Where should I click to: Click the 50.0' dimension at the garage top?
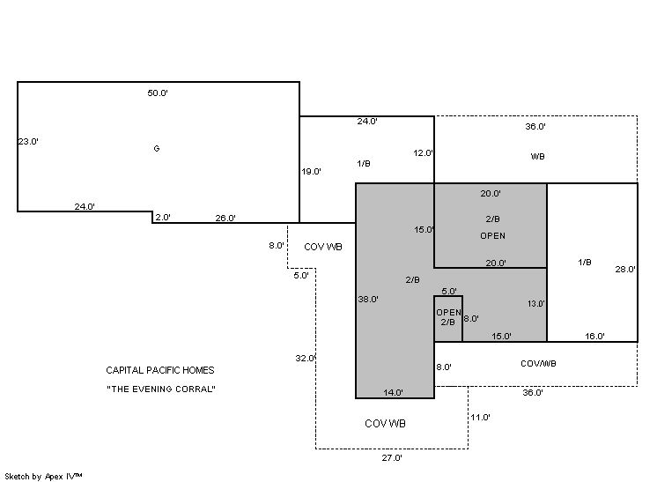point(158,93)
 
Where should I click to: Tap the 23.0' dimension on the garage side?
point(28,141)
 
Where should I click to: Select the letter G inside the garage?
point(156,148)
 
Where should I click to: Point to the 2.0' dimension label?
point(163,217)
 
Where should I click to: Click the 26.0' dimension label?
point(225,218)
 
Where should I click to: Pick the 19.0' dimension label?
point(311,172)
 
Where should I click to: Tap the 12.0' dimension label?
point(423,153)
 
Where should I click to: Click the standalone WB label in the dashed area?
point(537,156)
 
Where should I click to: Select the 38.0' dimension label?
point(368,300)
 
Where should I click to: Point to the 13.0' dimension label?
point(536,304)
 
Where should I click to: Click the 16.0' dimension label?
point(594,336)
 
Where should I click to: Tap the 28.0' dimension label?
point(625,270)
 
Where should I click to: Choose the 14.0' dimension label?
point(393,393)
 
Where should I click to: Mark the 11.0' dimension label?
point(480,418)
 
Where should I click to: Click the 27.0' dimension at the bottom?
point(392,458)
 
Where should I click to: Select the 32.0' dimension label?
point(305,359)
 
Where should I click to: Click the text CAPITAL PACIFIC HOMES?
point(160,370)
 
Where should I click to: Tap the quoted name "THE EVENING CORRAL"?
point(161,389)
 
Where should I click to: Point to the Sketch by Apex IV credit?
point(43,477)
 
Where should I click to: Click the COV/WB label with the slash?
point(538,364)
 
